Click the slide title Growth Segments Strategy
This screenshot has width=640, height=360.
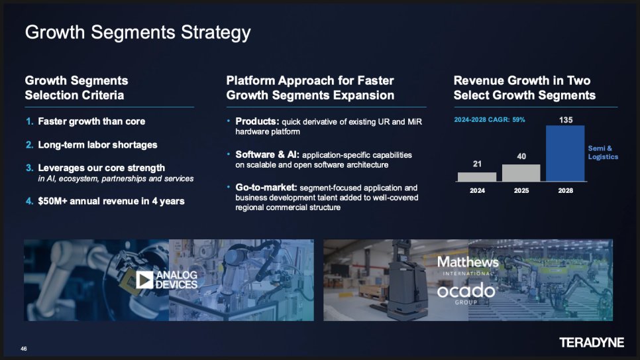[x=138, y=32]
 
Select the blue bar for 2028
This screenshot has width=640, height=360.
[x=565, y=153]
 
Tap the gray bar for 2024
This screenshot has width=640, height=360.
[x=477, y=176]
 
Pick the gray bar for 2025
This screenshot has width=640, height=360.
[x=521, y=173]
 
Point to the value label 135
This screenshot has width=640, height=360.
[x=566, y=120]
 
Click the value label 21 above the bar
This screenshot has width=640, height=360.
[x=477, y=164]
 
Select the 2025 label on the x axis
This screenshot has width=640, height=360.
[x=521, y=190]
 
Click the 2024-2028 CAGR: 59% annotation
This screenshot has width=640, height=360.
[x=490, y=120]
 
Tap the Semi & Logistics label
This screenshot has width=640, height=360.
[x=603, y=152]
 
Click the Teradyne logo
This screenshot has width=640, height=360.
[x=592, y=342]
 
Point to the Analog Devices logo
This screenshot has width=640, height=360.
[x=166, y=280]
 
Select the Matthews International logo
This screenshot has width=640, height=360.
[x=468, y=266]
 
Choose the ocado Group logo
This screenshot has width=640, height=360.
[x=466, y=293]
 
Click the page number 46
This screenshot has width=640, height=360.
[x=24, y=349]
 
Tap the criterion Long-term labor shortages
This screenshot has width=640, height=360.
[x=97, y=145]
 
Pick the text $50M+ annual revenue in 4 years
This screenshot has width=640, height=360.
[x=111, y=201]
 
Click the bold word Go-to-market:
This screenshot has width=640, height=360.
[x=266, y=188]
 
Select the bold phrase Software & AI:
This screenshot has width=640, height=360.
[x=268, y=154]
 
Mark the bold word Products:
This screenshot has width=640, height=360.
[x=257, y=121]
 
